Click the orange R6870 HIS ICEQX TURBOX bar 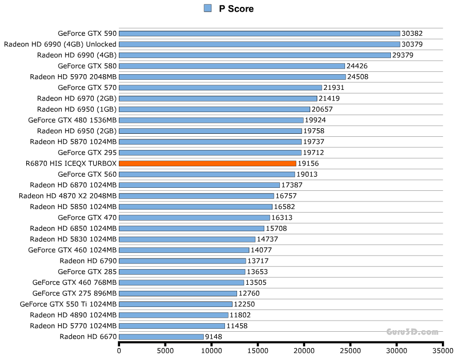pos(207,164)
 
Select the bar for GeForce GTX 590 pos(259,34)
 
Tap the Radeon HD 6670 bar pos(161,337)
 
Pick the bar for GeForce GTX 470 pos(194,218)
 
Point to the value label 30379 pos(412,44)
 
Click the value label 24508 pos(358,77)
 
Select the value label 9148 pos(214,337)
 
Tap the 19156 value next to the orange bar pos(308,164)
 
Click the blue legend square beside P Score pos(207,8)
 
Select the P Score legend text pos(236,9)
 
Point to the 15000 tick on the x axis pos(258,350)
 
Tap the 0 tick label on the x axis pos(119,350)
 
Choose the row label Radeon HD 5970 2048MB pos(73,77)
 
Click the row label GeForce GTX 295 pos(87,152)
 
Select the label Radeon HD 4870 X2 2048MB pos(68,196)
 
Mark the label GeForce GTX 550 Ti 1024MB pos(68,304)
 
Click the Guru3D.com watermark pos(413,332)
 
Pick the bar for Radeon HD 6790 pos(182,261)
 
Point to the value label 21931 pos(334,88)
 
